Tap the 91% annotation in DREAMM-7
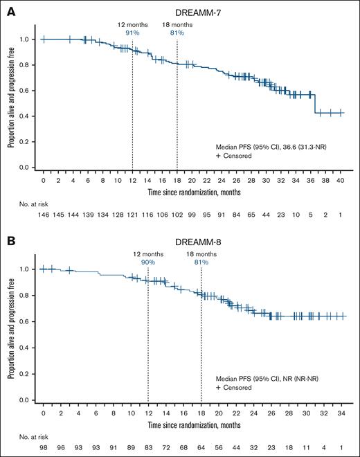132,32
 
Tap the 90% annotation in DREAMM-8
148,262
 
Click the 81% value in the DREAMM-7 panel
177,32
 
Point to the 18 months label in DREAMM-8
201,254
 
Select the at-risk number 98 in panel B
43,447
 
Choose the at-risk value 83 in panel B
148,447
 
